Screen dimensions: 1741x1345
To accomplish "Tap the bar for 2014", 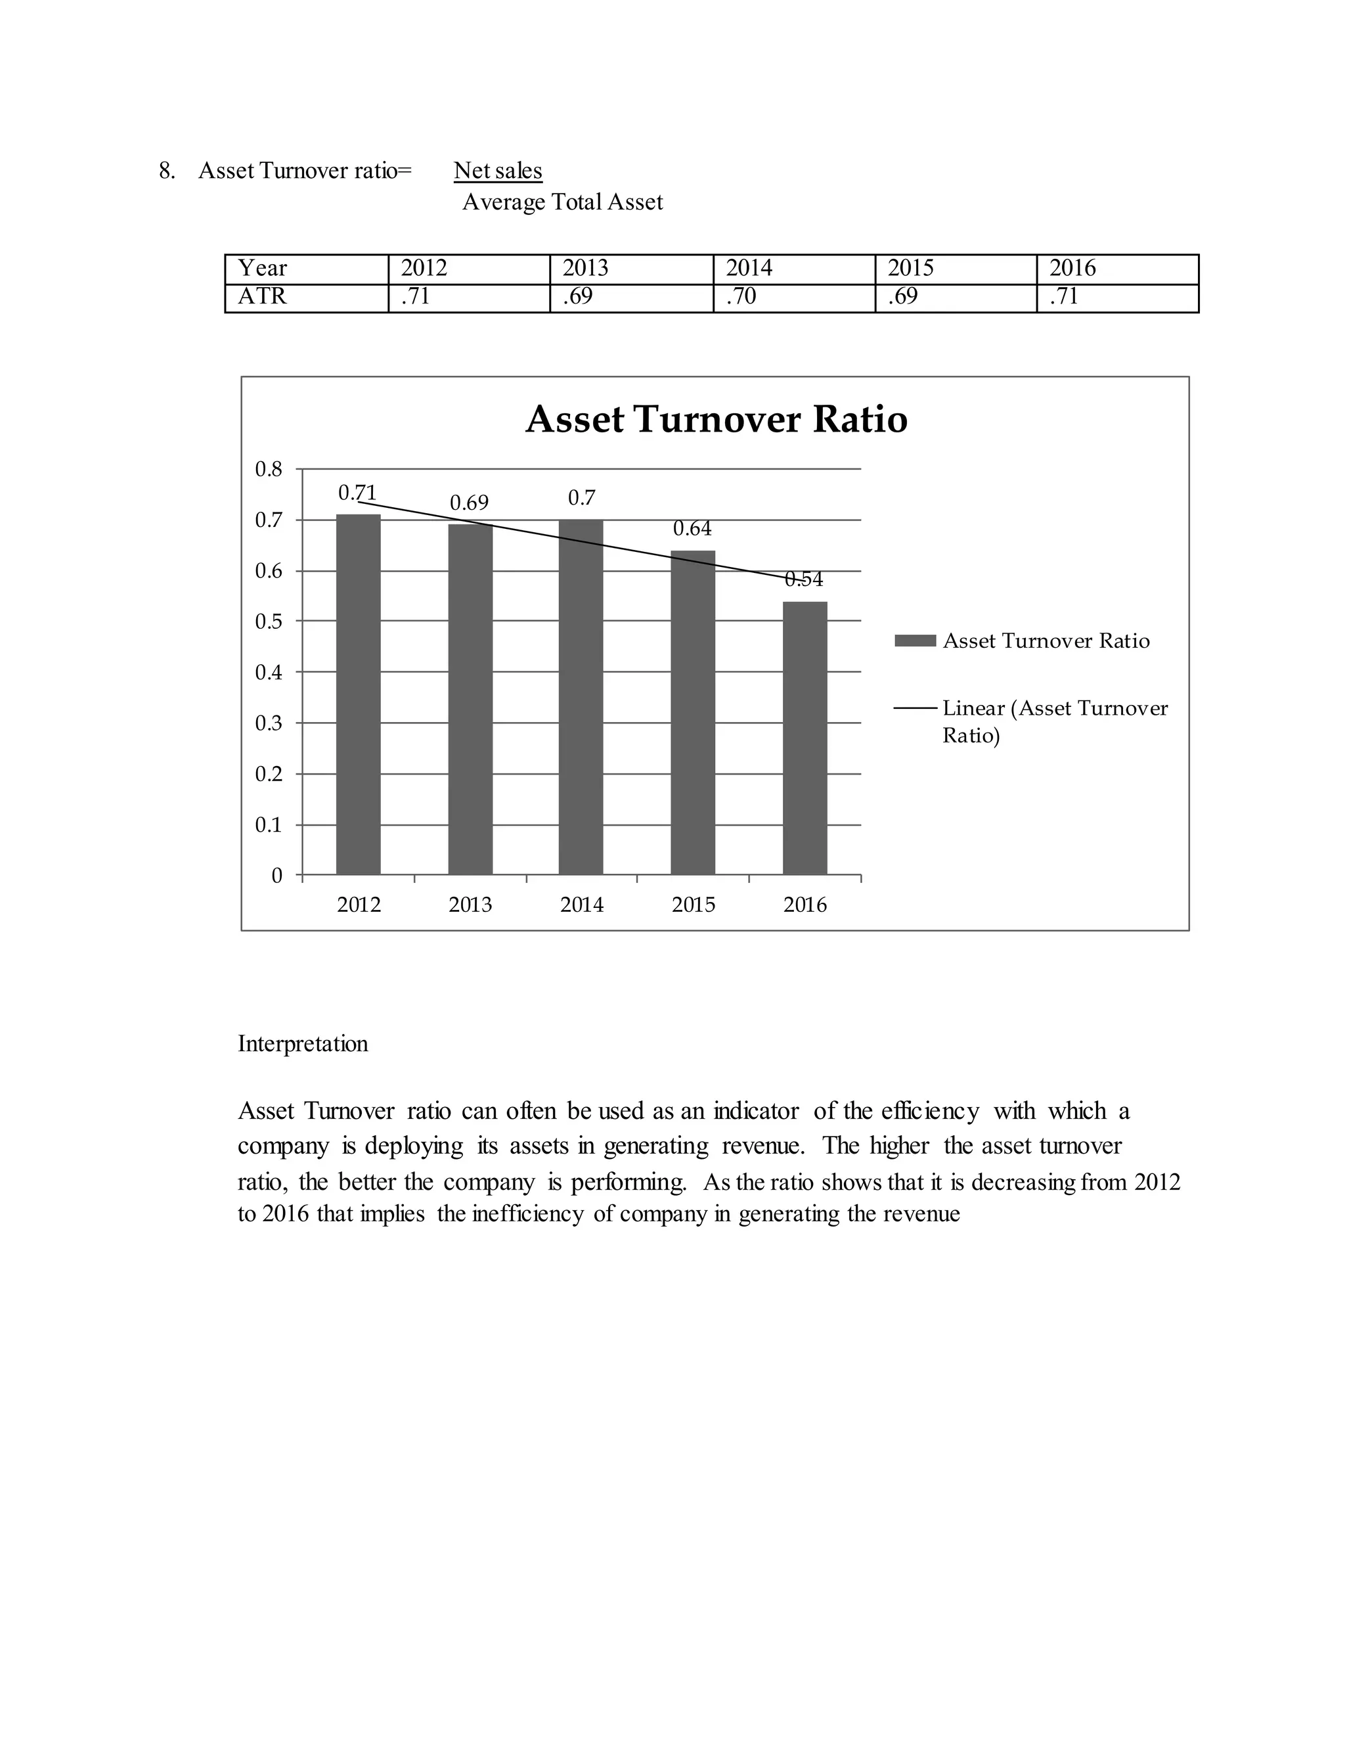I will [x=581, y=698].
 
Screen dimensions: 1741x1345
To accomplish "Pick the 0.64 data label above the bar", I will [x=692, y=528].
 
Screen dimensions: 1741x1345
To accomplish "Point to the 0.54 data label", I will [x=803, y=579].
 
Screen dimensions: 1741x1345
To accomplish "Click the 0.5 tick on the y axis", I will [x=269, y=622].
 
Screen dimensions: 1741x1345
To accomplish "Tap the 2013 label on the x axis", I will [x=470, y=905].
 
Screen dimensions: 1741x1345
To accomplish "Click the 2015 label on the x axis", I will [x=694, y=905].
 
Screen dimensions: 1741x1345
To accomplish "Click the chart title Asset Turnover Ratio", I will [x=717, y=419].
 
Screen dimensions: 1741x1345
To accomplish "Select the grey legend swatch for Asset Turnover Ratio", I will [x=914, y=641].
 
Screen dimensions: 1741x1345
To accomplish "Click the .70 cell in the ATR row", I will [x=740, y=296].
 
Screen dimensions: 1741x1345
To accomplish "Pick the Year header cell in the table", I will [x=263, y=269].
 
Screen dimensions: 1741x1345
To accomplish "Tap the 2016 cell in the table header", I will [x=1072, y=269].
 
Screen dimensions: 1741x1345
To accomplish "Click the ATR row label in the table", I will [x=262, y=296].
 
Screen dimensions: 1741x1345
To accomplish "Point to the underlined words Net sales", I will [x=498, y=171].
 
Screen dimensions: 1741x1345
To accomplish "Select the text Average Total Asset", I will [x=563, y=202].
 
